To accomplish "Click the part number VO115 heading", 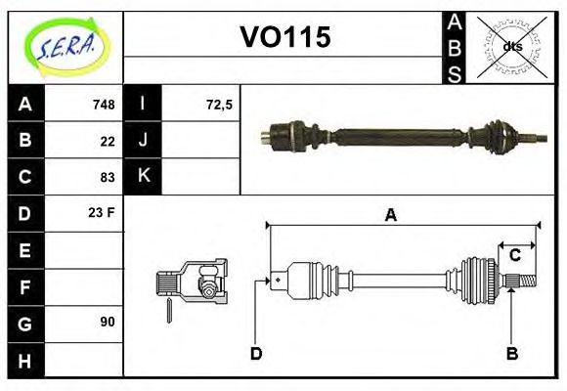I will click(x=285, y=37).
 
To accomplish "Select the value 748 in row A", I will click(x=104, y=105).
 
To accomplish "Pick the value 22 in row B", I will click(x=108, y=141).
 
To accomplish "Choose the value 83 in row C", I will click(x=108, y=177).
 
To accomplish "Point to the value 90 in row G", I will click(x=108, y=321).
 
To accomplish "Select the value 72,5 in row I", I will click(x=219, y=105).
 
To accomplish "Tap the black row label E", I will click(x=24, y=249).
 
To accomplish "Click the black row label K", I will click(x=144, y=176).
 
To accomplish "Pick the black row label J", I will click(x=144, y=140).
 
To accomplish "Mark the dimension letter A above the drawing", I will click(x=390, y=216).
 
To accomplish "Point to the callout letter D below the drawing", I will click(x=256, y=353).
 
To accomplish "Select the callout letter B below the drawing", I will click(x=511, y=353).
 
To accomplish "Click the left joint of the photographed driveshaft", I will click(x=289, y=132).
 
